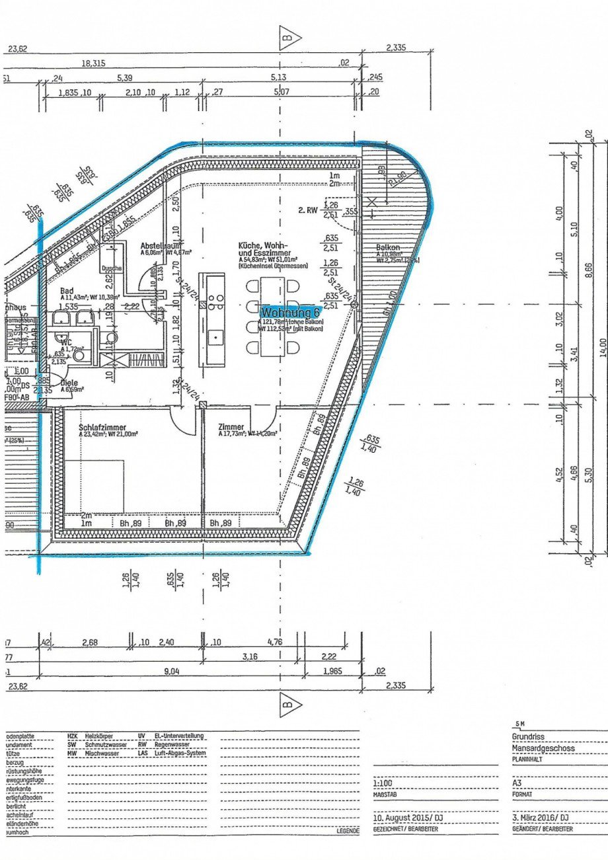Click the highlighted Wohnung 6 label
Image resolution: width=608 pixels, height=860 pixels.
pyautogui.click(x=290, y=311)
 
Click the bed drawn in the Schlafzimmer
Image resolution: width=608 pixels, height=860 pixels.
pyautogui.click(x=95, y=486)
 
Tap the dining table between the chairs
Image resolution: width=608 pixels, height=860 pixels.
pyautogui.click(x=272, y=315)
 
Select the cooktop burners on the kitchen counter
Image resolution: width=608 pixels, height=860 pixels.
pyautogui.click(x=215, y=302)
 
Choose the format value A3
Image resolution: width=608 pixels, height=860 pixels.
pyautogui.click(x=517, y=783)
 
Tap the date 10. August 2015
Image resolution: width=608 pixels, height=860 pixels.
pyautogui.click(x=403, y=818)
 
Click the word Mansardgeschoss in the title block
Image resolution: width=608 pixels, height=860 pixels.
pyautogui.click(x=543, y=748)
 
